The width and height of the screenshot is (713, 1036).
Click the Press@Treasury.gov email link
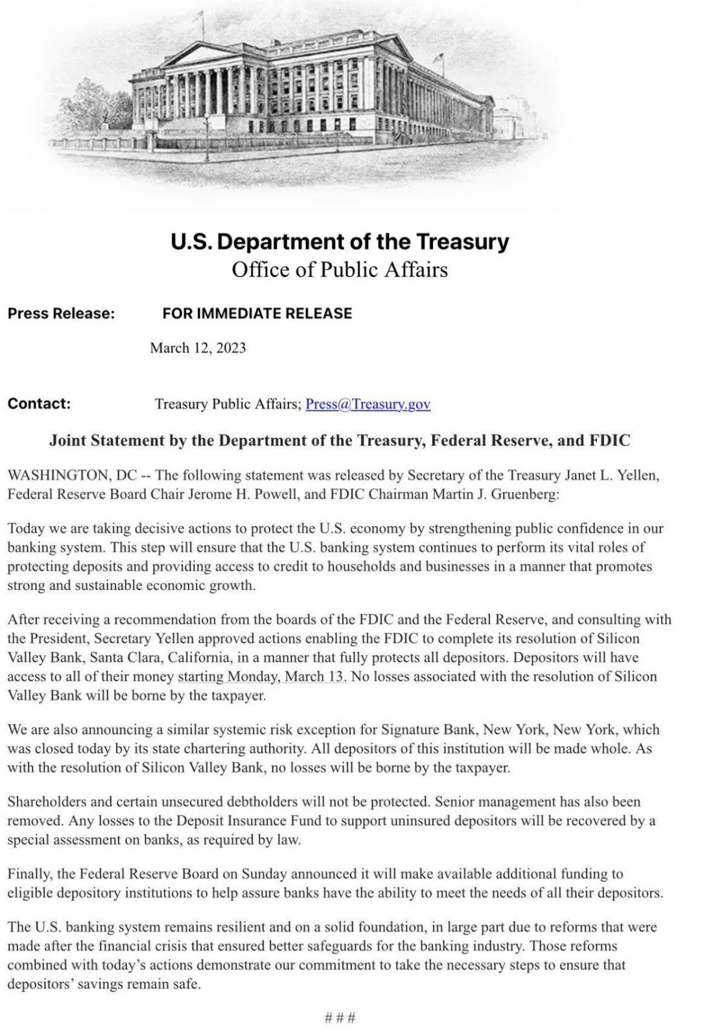[368, 404]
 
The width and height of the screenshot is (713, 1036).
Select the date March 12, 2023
[198, 348]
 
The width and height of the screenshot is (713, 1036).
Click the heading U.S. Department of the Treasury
[340, 242]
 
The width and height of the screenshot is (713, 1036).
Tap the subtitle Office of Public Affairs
[340, 269]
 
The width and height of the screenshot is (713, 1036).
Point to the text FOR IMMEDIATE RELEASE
[257, 313]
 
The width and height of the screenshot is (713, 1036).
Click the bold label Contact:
[39, 403]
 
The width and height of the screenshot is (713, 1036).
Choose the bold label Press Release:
[61, 313]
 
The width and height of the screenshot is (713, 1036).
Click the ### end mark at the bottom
[340, 1017]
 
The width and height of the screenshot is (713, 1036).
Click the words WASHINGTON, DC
[72, 475]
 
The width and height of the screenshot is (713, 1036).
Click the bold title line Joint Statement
[340, 441]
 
